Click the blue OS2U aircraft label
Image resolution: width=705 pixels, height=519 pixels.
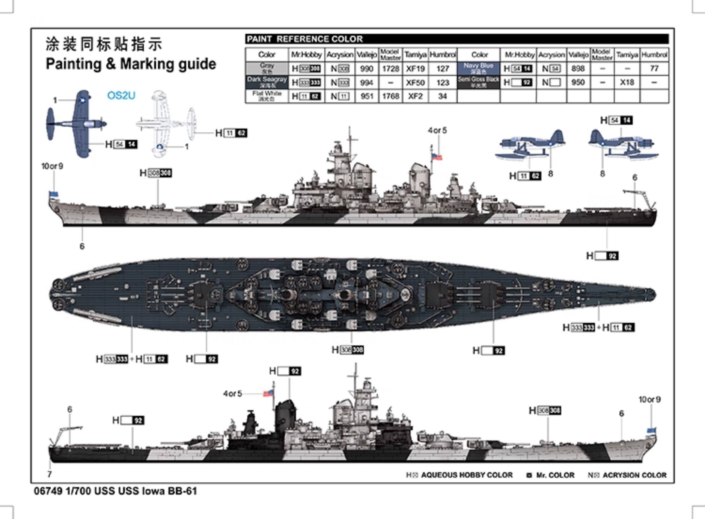point(121,95)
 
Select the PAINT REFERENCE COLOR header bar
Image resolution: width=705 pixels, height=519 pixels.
point(457,39)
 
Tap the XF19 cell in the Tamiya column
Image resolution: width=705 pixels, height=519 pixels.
point(415,69)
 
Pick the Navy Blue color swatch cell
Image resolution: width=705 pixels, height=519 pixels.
point(478,68)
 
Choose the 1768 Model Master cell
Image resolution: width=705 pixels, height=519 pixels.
point(390,96)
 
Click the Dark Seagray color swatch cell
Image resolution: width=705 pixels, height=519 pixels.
point(266,82)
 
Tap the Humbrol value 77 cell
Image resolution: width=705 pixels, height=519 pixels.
point(654,68)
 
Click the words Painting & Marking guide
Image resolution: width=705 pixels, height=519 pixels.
point(131,64)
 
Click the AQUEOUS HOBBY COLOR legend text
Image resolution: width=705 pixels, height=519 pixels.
point(466,475)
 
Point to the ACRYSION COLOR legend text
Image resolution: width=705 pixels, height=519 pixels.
point(634,475)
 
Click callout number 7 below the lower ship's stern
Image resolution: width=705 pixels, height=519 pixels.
point(50,474)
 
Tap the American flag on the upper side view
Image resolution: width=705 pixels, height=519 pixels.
point(436,156)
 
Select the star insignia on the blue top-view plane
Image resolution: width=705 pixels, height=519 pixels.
point(83,100)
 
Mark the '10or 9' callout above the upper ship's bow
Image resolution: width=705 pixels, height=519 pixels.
point(52,166)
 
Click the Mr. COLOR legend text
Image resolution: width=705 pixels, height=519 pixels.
point(555,475)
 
